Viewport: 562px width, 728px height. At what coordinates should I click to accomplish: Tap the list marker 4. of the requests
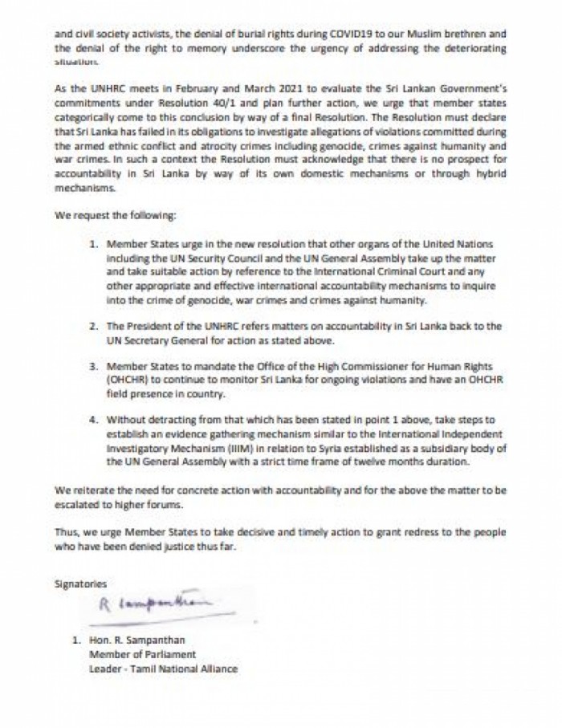(94, 419)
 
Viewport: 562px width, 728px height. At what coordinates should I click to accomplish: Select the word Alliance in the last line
(218, 668)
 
